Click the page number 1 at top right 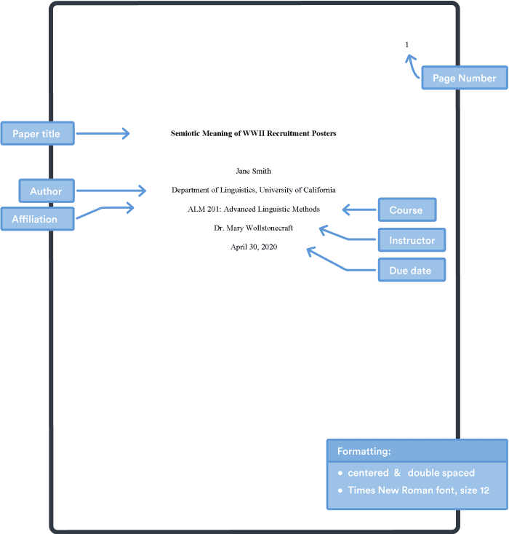point(406,45)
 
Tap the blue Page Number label point(464,78)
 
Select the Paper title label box point(37,133)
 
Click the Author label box point(47,191)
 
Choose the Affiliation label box point(38,219)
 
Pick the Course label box point(406,210)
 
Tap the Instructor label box point(412,240)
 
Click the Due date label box point(411,271)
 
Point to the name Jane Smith point(254,172)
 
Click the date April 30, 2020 point(254,247)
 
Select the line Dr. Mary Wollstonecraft point(254,228)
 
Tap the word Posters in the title point(322,134)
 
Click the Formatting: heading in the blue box point(364,451)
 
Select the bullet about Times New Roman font point(417,490)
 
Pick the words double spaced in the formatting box point(441,473)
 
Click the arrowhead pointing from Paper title point(126,133)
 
